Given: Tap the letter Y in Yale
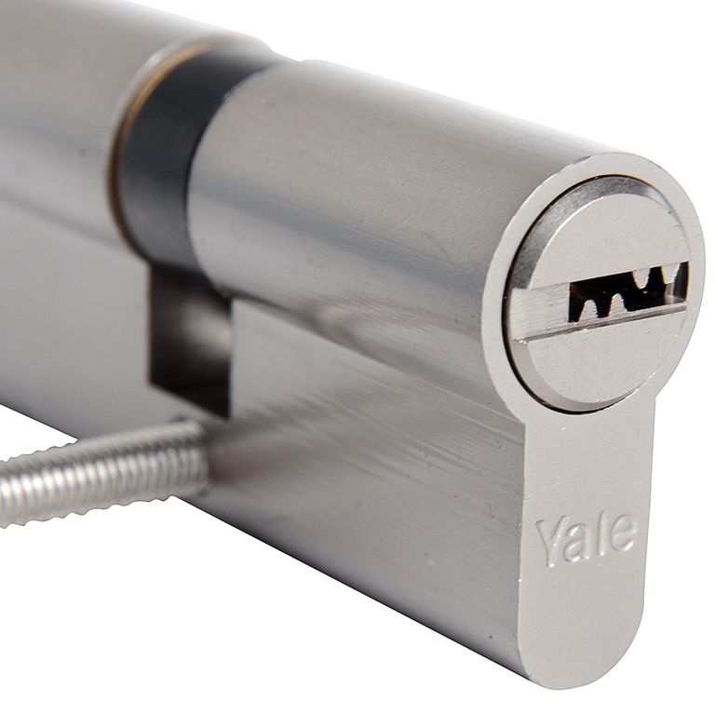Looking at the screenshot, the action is coord(550,544).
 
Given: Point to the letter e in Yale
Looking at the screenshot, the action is coord(624,533).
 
